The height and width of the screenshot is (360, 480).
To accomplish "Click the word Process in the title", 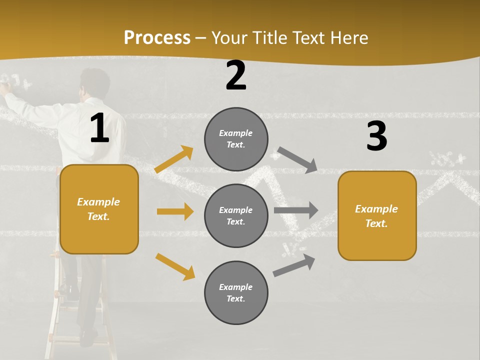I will [x=157, y=37].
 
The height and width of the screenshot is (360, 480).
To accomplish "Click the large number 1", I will [x=99, y=128].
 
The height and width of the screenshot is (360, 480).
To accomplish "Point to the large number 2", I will [x=236, y=76].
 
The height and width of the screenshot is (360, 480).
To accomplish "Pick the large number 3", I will [x=376, y=136].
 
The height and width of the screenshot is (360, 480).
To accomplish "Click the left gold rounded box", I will [x=99, y=209].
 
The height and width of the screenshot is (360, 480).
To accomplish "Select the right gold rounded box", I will [x=377, y=215].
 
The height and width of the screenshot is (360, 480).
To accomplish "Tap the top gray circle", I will [x=236, y=138].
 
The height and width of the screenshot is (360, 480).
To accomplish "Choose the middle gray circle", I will [x=236, y=215].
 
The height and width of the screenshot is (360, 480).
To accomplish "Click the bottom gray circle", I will [x=236, y=292].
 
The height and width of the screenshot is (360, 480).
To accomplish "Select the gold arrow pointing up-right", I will [x=174, y=159].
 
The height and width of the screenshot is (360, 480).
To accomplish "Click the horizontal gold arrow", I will [x=175, y=211].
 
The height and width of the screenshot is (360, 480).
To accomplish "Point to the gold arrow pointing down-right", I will [x=175, y=266].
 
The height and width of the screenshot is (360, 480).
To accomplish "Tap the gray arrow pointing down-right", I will [x=297, y=159].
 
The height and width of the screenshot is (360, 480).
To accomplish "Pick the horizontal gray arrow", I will [x=296, y=210].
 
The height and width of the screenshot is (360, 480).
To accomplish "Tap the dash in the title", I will [x=201, y=38].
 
